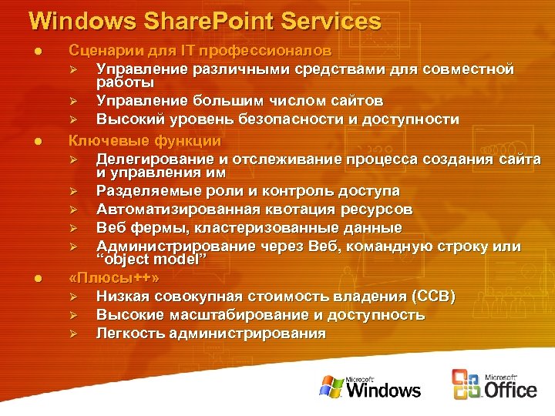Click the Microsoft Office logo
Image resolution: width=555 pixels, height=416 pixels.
coord(493,384)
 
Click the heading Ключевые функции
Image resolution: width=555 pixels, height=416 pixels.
coord(145,141)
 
